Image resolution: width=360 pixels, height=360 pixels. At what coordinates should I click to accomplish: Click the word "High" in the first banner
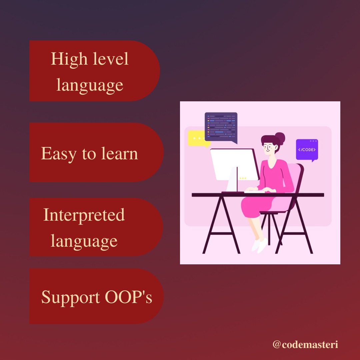(69, 59)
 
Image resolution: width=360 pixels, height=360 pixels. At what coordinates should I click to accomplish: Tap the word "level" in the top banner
(111, 59)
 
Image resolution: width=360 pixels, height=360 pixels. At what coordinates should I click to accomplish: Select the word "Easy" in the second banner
(58, 154)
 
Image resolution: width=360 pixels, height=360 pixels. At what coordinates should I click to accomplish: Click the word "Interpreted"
(84, 215)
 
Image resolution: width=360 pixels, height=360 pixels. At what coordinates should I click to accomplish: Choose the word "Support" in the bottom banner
(70, 297)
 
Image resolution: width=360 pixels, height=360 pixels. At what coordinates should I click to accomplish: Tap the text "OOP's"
(128, 297)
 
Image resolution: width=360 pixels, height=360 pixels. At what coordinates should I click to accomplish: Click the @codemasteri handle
(305, 344)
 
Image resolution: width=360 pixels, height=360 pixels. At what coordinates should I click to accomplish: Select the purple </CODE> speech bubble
(307, 149)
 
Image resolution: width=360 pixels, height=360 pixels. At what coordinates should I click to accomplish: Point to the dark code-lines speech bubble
(221, 127)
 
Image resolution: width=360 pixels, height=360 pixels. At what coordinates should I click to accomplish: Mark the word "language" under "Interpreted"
(84, 241)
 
